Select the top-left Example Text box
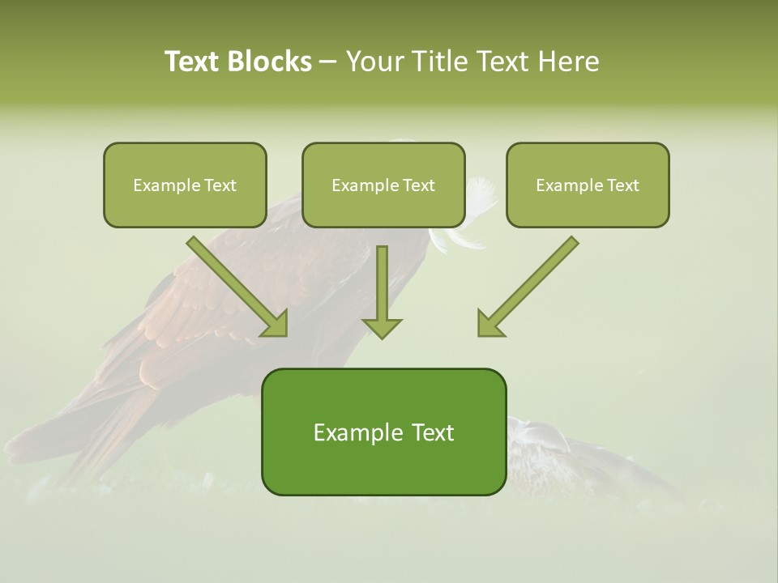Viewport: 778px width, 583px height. (x=185, y=185)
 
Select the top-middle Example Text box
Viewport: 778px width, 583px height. (x=383, y=185)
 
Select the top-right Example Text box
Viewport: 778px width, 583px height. (x=588, y=185)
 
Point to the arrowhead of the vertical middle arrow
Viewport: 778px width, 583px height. (x=382, y=328)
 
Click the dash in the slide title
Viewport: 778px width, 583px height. (x=327, y=62)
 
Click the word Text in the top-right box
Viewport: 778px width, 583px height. (x=623, y=185)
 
